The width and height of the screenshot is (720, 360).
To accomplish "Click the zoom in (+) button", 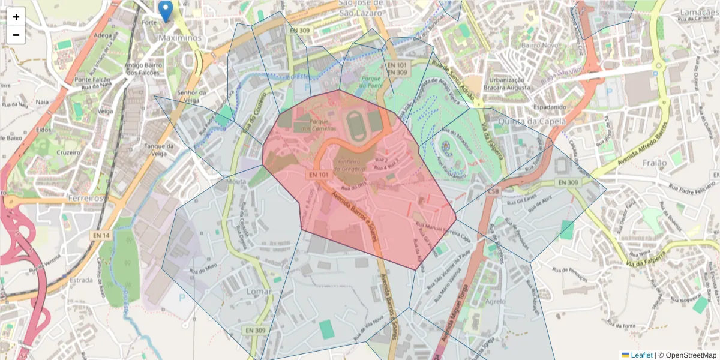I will coord(16,17).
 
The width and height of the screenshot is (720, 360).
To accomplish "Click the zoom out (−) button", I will coord(16,35).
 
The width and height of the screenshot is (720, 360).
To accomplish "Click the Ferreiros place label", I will coord(86,197).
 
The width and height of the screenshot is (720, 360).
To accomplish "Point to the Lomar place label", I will coord(259,291).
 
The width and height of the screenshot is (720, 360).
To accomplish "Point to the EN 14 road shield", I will coord(102,236).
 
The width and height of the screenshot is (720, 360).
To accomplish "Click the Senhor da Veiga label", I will coord(191,96).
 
